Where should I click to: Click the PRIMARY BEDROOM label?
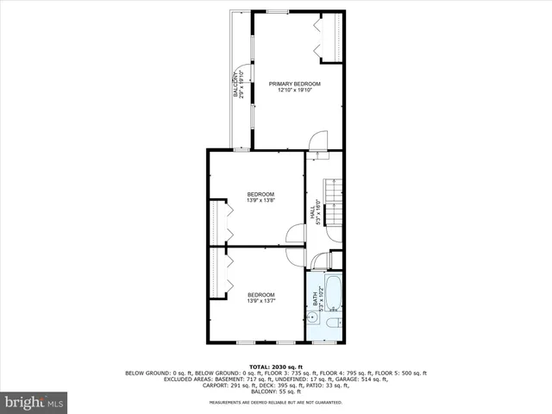[294, 84]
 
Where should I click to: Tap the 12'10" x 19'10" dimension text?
[294, 91]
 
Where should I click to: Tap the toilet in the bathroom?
[334, 323]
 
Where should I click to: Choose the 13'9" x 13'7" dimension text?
[260, 300]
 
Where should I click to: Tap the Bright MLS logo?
[34, 402]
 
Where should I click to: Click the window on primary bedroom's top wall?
[277, 11]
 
